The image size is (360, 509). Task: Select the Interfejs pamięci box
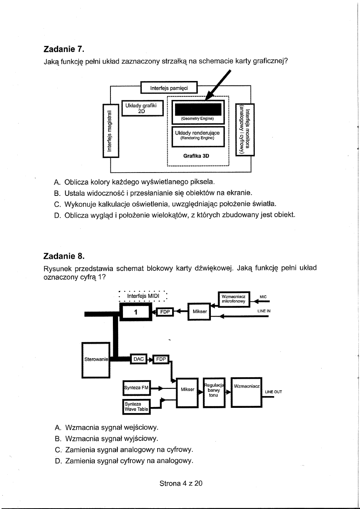169,87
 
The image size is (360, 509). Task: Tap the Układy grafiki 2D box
142,108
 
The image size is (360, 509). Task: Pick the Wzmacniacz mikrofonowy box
233,299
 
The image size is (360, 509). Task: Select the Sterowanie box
94,359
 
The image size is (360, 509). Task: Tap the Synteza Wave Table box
135,406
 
